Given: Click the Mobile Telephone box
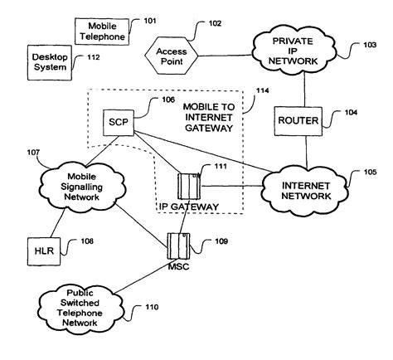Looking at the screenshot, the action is (102, 32).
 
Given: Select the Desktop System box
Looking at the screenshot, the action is (50, 63).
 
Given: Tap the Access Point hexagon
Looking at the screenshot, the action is (172, 56).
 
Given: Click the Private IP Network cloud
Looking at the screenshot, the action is (294, 51).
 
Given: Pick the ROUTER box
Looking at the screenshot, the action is (298, 121).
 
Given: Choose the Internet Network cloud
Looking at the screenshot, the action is (305, 191).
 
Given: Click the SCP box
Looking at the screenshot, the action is (119, 123).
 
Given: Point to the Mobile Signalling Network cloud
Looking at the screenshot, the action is (82, 187).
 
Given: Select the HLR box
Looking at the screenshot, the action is (44, 251).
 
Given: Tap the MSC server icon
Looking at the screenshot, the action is (178, 246).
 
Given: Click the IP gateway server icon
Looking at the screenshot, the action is (189, 186).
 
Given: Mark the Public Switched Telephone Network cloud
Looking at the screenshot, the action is (80, 308).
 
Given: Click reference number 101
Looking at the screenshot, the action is (150, 21).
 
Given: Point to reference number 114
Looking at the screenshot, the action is (262, 90).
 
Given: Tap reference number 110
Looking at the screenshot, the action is (152, 307).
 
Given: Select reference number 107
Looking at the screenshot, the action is (33, 153).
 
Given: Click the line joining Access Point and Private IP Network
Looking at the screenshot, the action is (226, 56).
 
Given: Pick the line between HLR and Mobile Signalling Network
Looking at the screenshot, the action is (58, 223).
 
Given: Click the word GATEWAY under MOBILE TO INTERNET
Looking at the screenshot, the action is (209, 129).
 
